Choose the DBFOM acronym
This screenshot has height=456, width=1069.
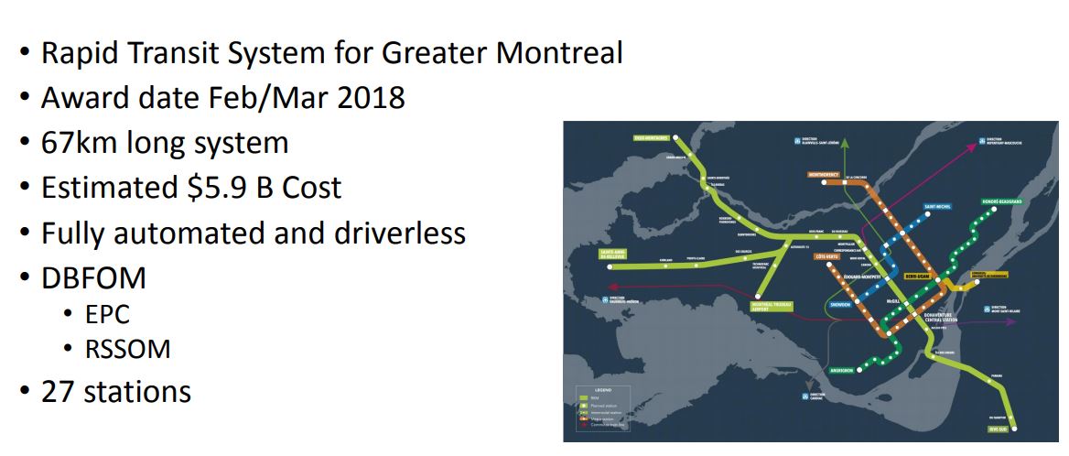93,277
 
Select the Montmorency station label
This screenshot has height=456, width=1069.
824,174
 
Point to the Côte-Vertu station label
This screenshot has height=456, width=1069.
828,257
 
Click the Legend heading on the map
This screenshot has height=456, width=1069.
588,389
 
